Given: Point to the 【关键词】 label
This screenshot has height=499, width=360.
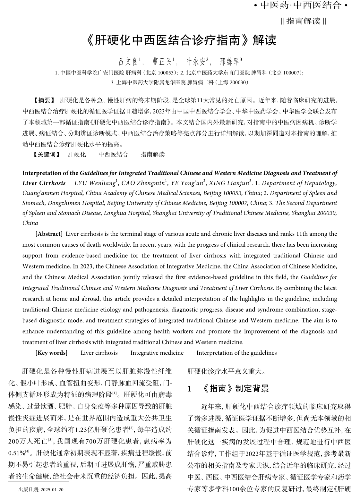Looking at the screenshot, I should [x=46, y=154].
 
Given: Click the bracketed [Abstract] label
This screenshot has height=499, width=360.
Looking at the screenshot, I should [x=49, y=234].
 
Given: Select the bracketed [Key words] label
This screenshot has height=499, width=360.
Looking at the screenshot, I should [x=51, y=353].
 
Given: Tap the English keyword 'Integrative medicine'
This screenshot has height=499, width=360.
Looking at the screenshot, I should [x=157, y=353].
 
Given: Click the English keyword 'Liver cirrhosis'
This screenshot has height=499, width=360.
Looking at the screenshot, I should [x=99, y=353].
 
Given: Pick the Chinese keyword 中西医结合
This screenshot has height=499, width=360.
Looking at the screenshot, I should [x=113, y=154].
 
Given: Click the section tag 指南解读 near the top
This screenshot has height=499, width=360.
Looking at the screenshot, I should [x=303, y=21].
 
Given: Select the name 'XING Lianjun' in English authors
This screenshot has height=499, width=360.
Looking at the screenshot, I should [x=229, y=183].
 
